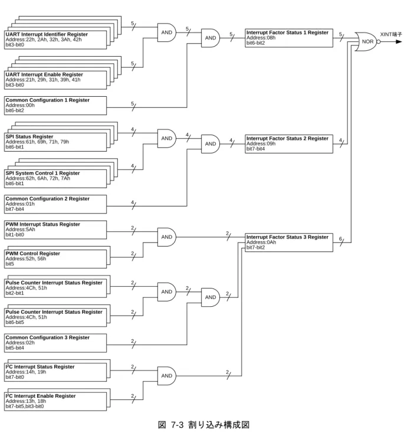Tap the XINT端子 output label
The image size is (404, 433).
[x=391, y=35]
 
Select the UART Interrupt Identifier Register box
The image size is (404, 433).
[x=55, y=40]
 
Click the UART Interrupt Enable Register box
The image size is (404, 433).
[x=55, y=80]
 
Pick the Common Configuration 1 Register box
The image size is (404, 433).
[x=55, y=106]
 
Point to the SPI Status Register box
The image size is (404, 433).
[x=55, y=142]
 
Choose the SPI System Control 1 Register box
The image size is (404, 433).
[x=55, y=179]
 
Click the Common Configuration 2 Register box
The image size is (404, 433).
[x=55, y=204]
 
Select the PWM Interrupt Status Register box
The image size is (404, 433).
[x=55, y=229]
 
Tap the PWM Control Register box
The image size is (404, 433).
[x=55, y=259]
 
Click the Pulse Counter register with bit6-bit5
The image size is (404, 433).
[x=55, y=317]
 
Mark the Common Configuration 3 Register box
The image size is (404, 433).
[x=55, y=343]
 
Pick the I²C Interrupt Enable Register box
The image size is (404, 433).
[x=55, y=402]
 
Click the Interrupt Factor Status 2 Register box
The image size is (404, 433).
[x=289, y=144]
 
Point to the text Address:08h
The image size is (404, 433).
[x=261, y=38]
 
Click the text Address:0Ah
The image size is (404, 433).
[x=261, y=242]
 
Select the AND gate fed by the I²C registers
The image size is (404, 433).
[x=167, y=376]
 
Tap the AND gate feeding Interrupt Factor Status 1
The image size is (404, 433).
[x=211, y=38]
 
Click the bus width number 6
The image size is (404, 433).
[x=340, y=239]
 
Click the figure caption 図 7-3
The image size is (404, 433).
[x=170, y=425]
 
